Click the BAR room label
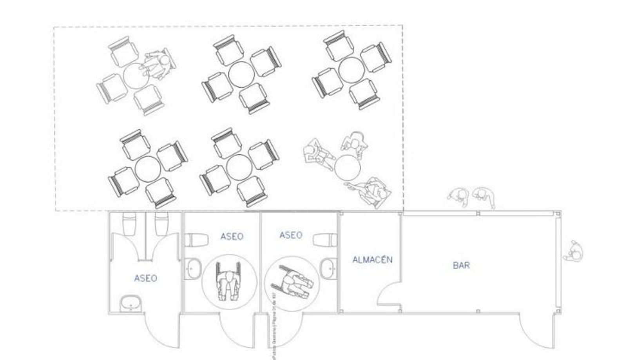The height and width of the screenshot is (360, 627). click(461, 265)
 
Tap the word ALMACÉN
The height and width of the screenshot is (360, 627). click(372, 260)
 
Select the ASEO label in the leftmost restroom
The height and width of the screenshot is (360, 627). click(145, 278)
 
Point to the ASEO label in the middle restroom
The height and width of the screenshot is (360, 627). click(232, 236)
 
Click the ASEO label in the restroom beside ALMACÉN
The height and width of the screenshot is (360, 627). click(291, 235)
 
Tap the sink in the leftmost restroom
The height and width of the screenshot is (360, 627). click(130, 303)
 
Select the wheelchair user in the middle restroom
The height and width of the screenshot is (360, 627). click(228, 281)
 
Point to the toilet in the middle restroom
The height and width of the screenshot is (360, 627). click(196, 240)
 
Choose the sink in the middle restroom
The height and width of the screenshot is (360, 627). click(193, 268)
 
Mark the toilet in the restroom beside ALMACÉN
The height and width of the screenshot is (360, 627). click(325, 240)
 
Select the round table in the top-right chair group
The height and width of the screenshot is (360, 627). click(351, 70)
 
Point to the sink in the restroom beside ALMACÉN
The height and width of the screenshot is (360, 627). click(328, 268)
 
